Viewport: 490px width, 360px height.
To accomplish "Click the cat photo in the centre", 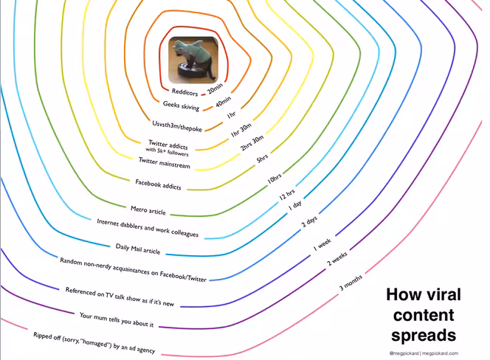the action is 193,60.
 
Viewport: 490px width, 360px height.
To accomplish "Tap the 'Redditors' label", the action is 184,92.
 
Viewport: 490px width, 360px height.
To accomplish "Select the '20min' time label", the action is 215,88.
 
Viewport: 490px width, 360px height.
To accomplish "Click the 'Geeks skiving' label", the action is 181,106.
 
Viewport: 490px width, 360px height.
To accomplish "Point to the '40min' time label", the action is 224,101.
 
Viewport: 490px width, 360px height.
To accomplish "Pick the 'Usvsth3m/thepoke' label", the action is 177,126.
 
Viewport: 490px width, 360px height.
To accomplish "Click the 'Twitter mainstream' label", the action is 165,163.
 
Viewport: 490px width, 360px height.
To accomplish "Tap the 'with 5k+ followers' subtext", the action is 167,151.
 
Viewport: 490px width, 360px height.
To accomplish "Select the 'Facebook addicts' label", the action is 158,184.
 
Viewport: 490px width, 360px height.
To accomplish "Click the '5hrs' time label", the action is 262,159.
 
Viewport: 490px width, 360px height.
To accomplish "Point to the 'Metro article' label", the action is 148,210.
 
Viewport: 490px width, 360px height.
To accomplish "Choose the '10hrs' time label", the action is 275,179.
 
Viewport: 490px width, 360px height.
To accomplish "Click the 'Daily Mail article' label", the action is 138,249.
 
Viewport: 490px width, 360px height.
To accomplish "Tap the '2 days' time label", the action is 309,221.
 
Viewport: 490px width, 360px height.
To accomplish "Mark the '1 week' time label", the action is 322,245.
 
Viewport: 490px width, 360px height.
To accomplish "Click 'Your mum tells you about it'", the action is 117,319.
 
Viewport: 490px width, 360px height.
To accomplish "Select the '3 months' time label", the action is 351,283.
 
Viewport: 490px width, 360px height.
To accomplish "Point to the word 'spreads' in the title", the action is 424,336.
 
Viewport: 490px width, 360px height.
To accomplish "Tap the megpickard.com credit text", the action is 440,353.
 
